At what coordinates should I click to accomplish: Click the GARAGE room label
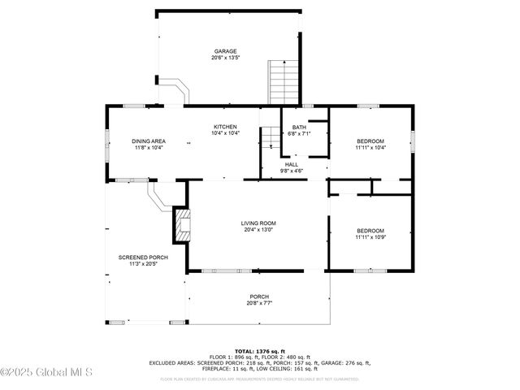[x=225, y=51]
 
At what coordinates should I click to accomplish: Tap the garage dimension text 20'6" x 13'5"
[x=225, y=58]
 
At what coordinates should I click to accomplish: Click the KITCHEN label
[x=225, y=127]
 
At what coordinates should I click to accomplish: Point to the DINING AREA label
[x=149, y=141]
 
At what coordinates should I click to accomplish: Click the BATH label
[x=299, y=127]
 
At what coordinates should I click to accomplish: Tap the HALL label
[x=291, y=164]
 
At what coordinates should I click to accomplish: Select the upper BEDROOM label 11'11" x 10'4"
[x=370, y=141]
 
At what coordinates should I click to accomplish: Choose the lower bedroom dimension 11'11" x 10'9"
[x=370, y=237]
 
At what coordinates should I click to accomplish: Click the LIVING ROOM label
[x=258, y=223]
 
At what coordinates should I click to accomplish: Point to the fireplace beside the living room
[x=180, y=224]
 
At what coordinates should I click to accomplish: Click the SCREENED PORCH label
[x=137, y=258]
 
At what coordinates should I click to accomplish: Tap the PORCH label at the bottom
[x=259, y=297]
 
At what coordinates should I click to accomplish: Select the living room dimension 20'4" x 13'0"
[x=258, y=230]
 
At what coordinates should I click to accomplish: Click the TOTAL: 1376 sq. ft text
[x=259, y=351]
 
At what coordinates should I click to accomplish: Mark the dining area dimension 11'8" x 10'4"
[x=149, y=148]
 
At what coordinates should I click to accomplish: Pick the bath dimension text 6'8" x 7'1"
[x=299, y=133]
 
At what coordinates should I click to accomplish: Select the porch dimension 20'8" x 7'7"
[x=259, y=303]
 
